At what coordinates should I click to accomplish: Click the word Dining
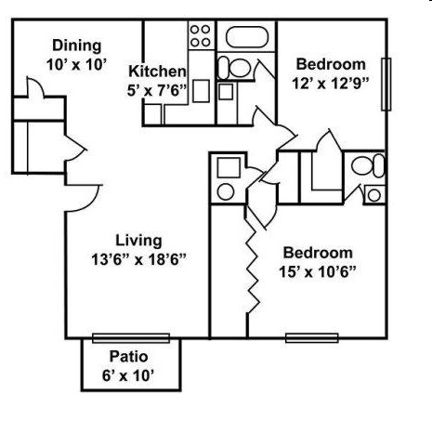tap(77, 46)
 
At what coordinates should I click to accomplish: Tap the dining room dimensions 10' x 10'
tap(77, 65)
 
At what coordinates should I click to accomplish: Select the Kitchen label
tap(157, 72)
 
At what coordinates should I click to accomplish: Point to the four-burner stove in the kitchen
tap(201, 35)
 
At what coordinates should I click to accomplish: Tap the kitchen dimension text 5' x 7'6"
tap(157, 91)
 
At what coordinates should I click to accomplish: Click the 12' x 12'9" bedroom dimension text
tap(331, 84)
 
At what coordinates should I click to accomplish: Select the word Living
tap(138, 241)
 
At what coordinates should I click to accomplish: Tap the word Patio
tap(129, 356)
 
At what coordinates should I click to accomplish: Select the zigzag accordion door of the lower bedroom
tap(251, 269)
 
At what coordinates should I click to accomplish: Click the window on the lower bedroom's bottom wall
tap(311, 337)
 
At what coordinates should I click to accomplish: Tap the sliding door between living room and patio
tap(131, 337)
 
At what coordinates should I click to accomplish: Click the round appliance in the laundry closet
tap(226, 191)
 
